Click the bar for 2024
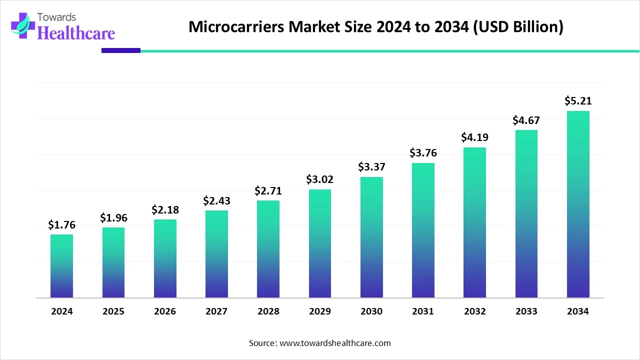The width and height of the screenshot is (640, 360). (x=61, y=266)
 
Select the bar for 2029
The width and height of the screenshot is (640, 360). (x=320, y=243)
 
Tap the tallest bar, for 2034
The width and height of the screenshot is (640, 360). (x=578, y=204)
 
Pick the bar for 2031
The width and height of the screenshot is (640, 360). (x=423, y=230)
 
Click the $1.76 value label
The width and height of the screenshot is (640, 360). (x=61, y=225)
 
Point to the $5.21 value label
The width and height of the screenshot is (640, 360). (x=578, y=101)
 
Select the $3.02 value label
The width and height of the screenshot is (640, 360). (x=320, y=179)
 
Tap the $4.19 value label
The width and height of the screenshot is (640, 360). (x=474, y=137)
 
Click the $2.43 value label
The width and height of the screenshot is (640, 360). (x=216, y=200)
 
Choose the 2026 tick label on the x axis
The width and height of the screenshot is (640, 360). (x=165, y=311)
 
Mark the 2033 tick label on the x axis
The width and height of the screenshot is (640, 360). (x=526, y=311)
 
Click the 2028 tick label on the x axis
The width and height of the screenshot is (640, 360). (x=268, y=311)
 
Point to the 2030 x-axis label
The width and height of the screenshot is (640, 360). (x=371, y=311)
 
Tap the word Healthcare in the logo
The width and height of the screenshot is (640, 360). (x=76, y=33)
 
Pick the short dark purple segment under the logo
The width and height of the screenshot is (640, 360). (x=121, y=50)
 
